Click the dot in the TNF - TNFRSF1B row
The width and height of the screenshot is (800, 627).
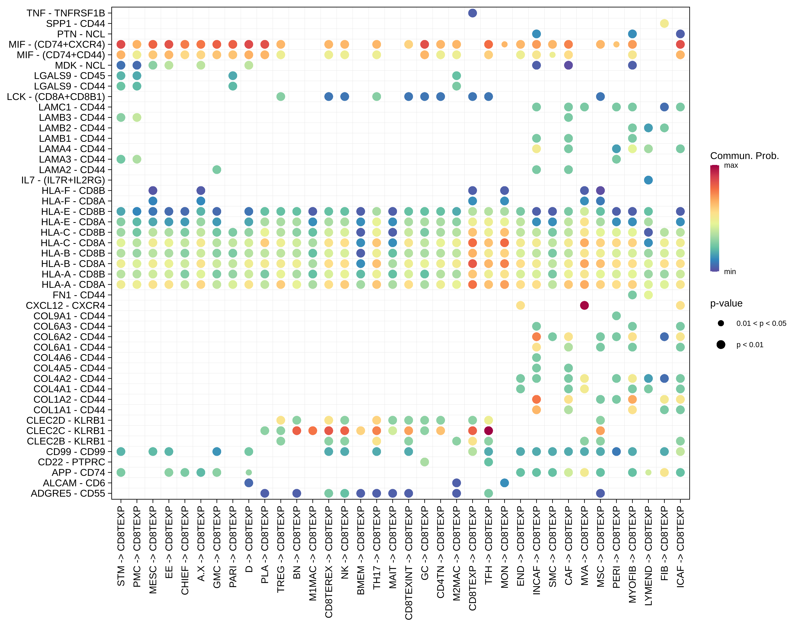472,13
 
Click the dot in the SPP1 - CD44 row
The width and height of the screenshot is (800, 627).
664,23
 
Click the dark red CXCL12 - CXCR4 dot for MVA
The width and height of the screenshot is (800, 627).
584,305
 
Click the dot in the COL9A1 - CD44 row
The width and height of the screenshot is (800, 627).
616,316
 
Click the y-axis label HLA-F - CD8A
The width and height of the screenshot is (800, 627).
73,201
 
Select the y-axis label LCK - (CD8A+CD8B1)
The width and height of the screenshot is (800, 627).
56,97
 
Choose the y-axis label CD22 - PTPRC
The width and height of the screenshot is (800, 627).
71,462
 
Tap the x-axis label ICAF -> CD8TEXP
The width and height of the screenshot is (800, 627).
680,547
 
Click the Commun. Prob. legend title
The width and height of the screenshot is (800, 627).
744,156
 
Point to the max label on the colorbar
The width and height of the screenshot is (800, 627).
731,166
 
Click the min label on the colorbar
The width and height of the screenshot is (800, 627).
730,272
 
